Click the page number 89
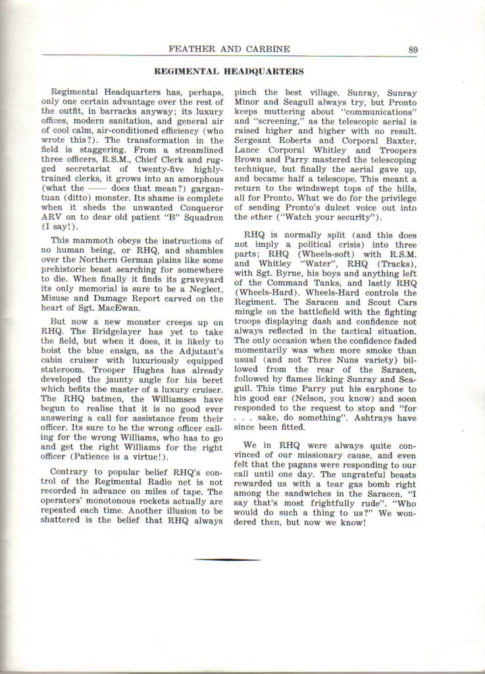[413, 48]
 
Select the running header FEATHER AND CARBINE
[229, 48]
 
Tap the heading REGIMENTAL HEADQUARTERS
[228, 70]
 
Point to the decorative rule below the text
[227, 559]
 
